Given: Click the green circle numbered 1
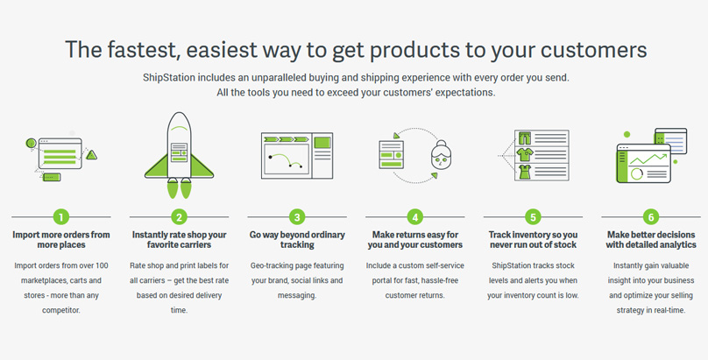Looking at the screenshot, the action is pos(61,217).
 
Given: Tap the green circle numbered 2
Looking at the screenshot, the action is pos(179,217).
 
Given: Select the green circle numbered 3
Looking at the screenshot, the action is pos(297,217).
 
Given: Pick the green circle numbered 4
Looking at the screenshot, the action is pos(415,217).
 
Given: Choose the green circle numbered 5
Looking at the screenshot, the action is pos(533,217).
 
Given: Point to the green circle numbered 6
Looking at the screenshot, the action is pos(651,217).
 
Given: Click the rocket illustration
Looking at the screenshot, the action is pos(180,155).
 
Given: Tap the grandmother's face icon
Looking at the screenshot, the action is pos(441,155).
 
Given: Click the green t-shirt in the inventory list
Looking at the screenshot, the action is pos(525,155).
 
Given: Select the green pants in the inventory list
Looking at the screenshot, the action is pos(525,138).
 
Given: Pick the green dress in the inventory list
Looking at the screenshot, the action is pos(525,172).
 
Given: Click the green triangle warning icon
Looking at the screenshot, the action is pos(92,155).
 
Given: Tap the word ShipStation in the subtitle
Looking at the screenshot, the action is pos(169,78).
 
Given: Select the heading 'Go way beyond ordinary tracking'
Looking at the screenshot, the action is pos(297,239).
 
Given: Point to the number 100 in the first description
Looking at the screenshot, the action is pos(102,265).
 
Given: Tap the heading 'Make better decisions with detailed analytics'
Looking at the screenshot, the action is pos(651,239).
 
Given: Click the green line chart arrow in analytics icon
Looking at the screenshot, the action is pos(648,159).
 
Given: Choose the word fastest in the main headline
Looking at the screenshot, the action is pos(141,50).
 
